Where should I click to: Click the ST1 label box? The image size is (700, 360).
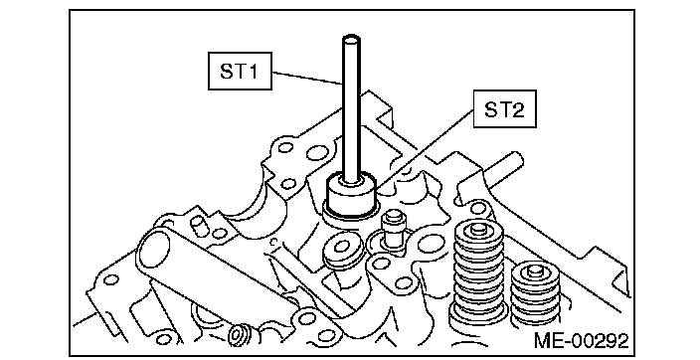tap(240, 71)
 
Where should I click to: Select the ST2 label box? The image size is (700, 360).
tap(504, 109)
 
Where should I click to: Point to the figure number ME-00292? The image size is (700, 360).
tap(582, 341)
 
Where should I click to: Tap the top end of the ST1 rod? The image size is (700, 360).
tap(351, 39)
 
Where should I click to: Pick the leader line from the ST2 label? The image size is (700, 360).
tap(425, 148)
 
